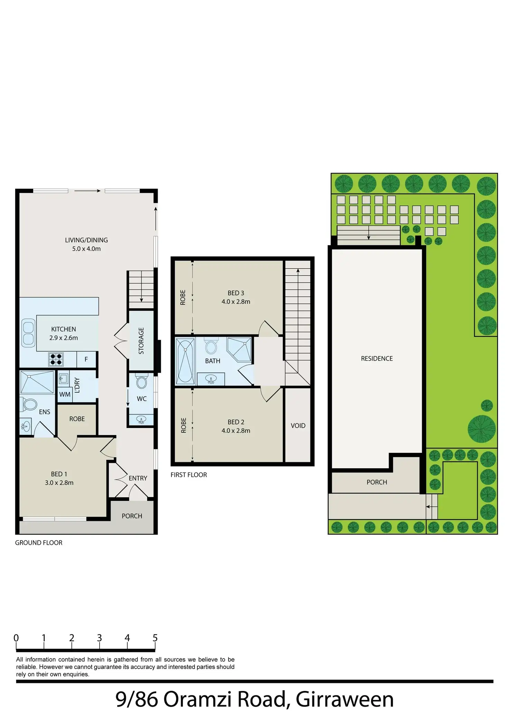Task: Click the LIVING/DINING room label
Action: click(86, 240)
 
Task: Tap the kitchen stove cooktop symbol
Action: click(56, 359)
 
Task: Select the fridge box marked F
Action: click(86, 359)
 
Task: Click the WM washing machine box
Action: click(65, 394)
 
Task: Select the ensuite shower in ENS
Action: click(37, 382)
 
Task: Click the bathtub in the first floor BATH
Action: click(185, 362)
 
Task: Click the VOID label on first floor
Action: click(298, 426)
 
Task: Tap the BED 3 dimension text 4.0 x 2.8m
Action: click(236, 301)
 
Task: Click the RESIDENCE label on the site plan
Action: click(377, 358)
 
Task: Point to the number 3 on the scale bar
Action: click(99, 638)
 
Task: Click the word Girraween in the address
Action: click(345, 699)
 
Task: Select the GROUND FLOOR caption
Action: click(39, 543)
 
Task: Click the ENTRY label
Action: click(138, 478)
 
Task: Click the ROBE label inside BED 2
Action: click(184, 425)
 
